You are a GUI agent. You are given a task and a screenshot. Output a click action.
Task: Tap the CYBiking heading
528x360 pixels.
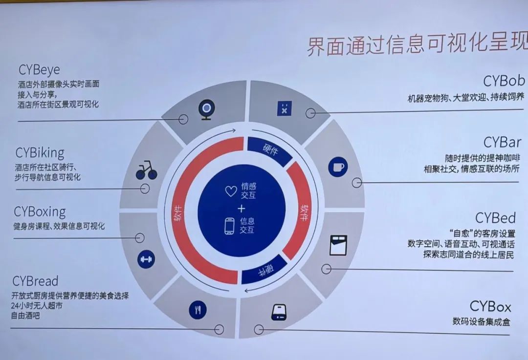(40, 153)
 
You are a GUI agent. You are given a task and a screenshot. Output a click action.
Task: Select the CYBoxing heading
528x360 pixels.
(40, 212)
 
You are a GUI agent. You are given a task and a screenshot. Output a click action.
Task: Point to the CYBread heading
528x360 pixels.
(35, 281)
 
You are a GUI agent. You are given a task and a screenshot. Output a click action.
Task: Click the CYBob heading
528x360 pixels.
(504, 81)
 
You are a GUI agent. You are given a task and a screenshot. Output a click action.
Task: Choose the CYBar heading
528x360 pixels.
(502, 143)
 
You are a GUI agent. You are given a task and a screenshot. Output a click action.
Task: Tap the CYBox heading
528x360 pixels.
(490, 307)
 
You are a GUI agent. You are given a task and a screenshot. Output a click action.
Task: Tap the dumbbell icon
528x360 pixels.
(146, 259)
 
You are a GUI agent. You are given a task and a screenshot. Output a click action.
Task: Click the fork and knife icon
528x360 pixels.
(198, 309)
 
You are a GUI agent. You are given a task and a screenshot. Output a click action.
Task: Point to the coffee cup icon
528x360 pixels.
(337, 167)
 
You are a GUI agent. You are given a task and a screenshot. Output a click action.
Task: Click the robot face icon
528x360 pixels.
(283, 109)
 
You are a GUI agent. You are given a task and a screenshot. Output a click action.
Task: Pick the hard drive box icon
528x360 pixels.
(279, 312)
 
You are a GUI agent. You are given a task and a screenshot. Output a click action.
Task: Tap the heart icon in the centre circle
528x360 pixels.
(231, 191)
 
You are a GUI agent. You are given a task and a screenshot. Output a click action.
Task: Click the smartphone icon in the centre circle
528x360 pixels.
(230, 226)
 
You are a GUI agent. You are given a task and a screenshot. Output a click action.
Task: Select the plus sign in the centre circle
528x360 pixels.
(241, 209)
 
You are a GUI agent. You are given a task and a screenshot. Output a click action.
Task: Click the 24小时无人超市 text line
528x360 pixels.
(37, 305)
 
